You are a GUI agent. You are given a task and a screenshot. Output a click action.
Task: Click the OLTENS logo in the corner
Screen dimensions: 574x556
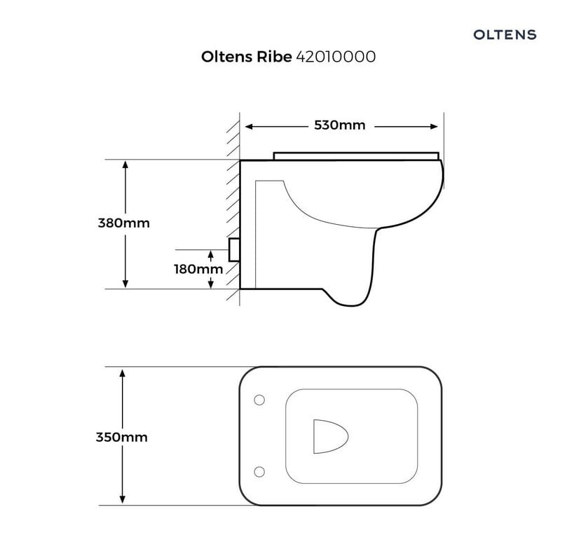click(x=505, y=35)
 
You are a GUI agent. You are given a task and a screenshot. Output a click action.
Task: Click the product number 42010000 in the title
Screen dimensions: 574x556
click(x=336, y=57)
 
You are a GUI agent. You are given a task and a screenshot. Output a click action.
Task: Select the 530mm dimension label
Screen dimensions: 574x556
click(x=340, y=125)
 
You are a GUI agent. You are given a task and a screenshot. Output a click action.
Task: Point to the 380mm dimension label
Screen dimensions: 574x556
click(x=124, y=223)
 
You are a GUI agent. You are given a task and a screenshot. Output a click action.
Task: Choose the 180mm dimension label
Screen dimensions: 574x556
click(x=198, y=269)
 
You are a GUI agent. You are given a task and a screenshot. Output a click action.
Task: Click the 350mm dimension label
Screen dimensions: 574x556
click(x=121, y=437)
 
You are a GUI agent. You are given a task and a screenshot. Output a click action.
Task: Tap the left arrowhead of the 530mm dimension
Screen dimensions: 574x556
click(x=249, y=127)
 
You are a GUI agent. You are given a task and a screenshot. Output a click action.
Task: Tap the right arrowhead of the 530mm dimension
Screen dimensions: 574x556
click(x=434, y=127)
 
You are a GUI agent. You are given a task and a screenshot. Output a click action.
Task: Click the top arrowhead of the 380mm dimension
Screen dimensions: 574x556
click(x=125, y=165)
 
